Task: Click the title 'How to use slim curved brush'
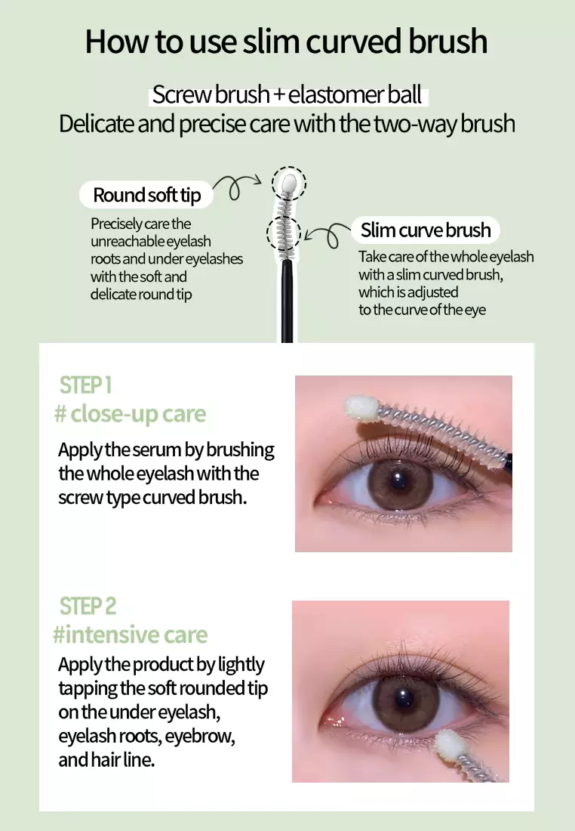pos(287,42)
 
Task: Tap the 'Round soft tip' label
pos(147,195)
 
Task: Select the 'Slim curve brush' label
pos(426,230)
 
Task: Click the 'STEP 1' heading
pos(85,385)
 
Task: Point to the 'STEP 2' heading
pos(88,606)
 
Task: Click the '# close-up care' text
pos(130,414)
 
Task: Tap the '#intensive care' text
pos(130,635)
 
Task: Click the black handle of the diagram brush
pos(287,302)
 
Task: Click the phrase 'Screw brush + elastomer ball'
pos(287,95)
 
